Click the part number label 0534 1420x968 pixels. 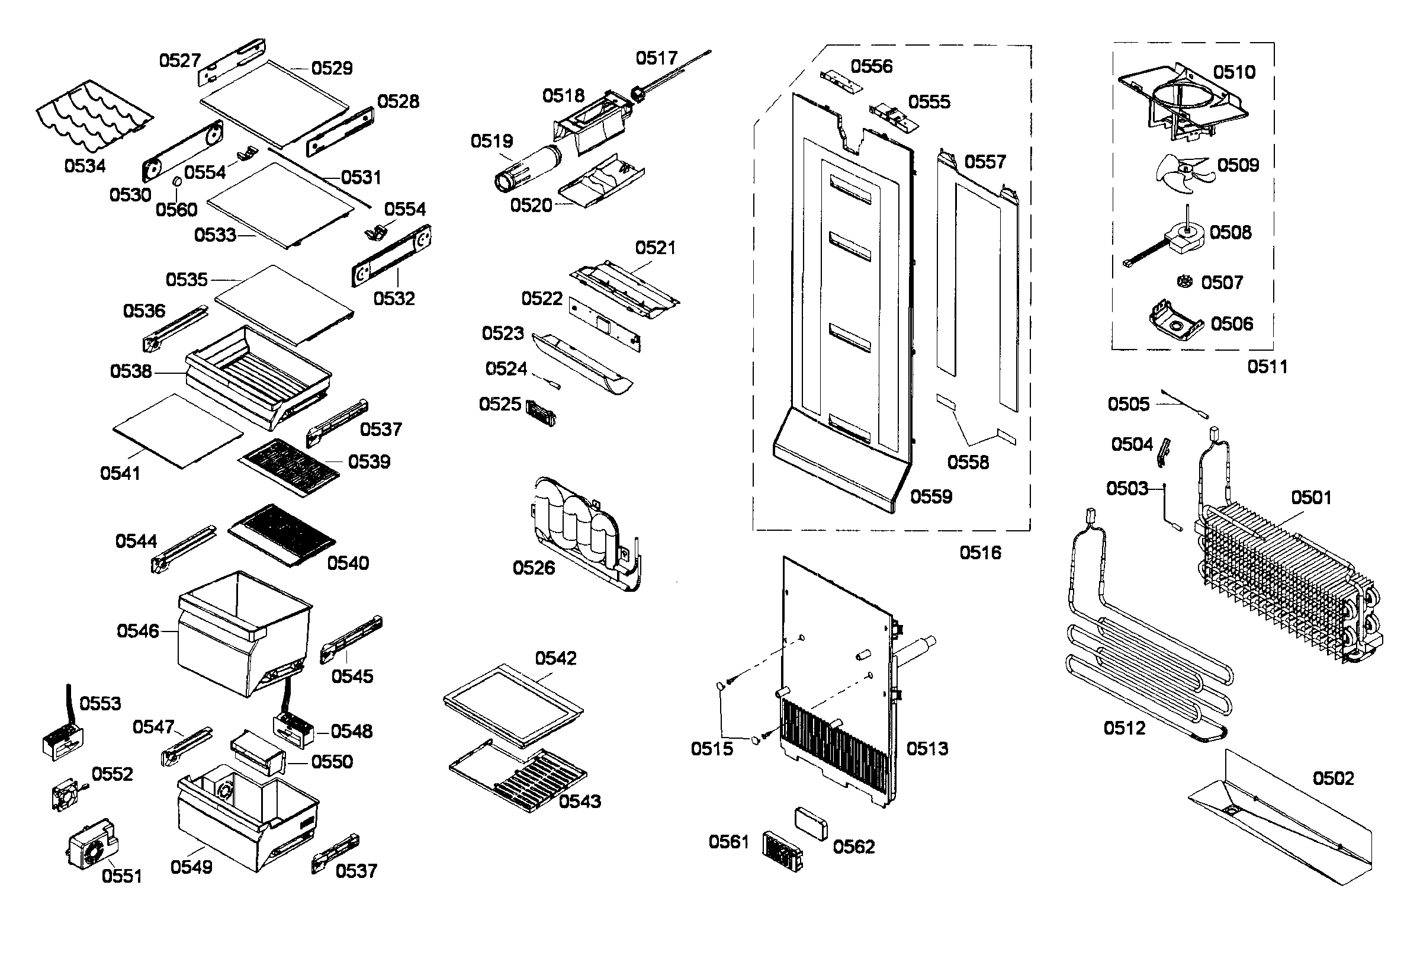(85, 166)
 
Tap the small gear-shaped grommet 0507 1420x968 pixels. (1185, 282)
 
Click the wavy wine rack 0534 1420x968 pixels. (92, 116)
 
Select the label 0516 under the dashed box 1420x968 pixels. (980, 553)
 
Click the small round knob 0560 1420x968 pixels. (176, 182)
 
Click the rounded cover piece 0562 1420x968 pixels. (811, 823)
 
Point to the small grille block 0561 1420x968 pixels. (782, 851)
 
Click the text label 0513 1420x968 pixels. (927, 748)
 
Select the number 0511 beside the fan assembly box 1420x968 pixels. (1267, 367)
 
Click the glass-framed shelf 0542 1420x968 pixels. (513, 706)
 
